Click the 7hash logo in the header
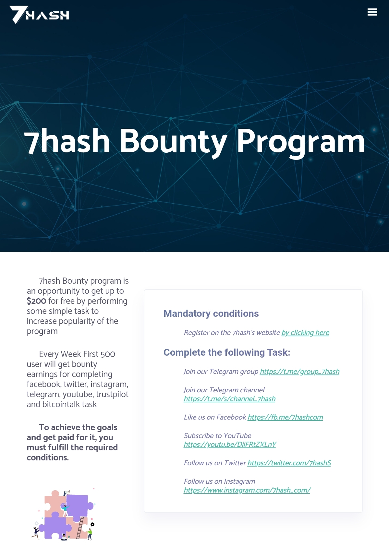39,15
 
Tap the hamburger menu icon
372,12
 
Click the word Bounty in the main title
173,141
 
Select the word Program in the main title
300,141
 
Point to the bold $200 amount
36,301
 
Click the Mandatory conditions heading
211,314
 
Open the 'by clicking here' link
305,333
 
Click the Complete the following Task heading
226,352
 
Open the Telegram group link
299,372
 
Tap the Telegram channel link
229,399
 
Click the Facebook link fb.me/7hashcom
285,417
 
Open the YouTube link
230,445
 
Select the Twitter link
289,463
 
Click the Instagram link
247,490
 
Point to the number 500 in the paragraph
108,354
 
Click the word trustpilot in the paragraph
112,394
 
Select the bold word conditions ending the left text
48,457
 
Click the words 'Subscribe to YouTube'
217,436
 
